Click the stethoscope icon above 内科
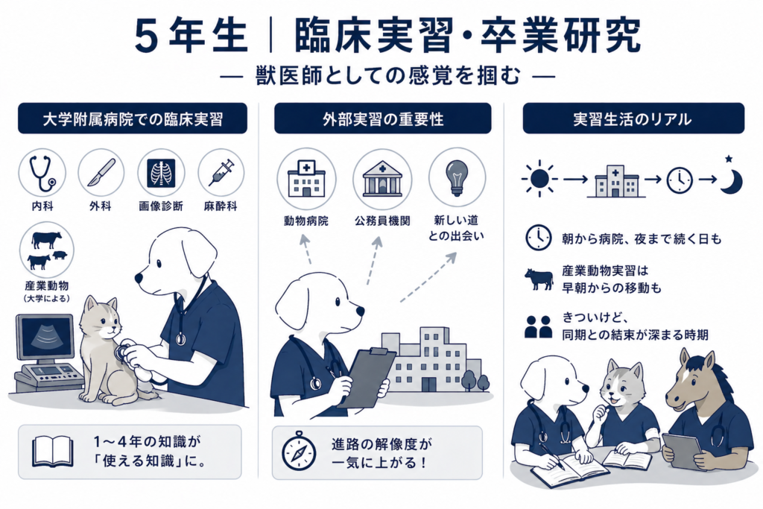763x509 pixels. click(x=42, y=174)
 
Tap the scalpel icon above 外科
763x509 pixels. click(x=101, y=173)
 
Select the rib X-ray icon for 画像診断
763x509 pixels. click(x=161, y=173)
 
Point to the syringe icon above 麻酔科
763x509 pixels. click(x=221, y=173)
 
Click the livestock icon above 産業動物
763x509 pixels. click(x=47, y=250)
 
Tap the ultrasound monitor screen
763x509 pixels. click(x=44, y=336)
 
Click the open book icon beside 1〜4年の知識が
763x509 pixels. click(x=53, y=452)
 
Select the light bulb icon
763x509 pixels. click(x=457, y=177)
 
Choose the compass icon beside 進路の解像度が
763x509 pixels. click(x=299, y=451)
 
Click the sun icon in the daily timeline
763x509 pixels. click(x=539, y=179)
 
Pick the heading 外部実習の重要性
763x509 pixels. click(x=383, y=119)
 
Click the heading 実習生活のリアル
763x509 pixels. click(x=633, y=119)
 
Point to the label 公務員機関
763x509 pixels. click(x=382, y=221)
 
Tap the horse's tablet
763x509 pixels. click(x=681, y=451)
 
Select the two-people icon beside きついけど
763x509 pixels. click(x=538, y=326)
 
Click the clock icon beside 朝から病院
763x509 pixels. click(x=538, y=238)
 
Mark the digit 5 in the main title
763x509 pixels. click(x=147, y=37)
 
